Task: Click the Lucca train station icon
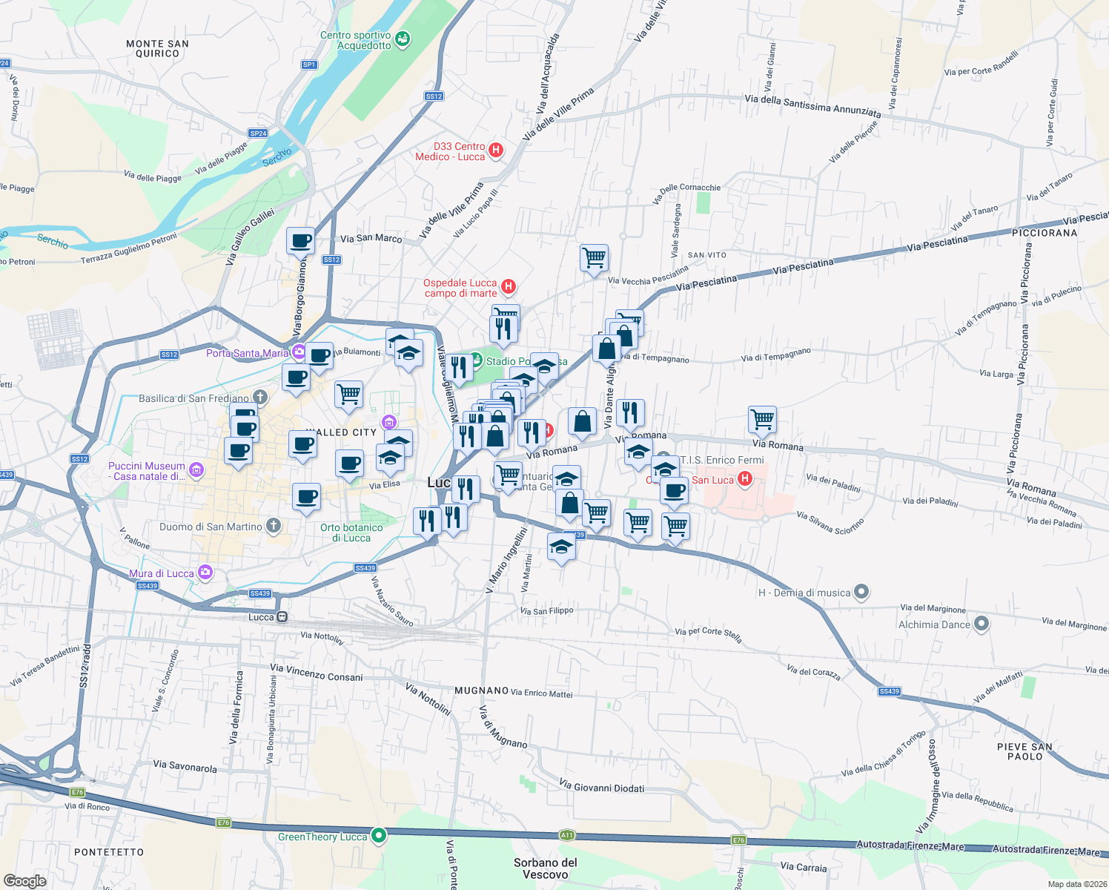282,617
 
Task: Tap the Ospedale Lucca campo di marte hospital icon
509,286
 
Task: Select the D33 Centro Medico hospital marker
496,151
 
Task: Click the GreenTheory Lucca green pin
379,836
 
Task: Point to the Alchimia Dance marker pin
981,624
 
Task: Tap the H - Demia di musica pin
861,592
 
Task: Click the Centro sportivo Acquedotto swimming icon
403,39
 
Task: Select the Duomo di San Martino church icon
274,526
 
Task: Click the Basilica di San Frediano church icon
259,398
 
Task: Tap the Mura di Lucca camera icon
205,573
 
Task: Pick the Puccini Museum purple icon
196,469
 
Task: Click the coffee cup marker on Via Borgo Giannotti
300,241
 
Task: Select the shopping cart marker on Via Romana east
762,420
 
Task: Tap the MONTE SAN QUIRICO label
157,48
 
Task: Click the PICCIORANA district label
1045,233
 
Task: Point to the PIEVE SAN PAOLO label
1024,751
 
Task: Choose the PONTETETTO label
109,852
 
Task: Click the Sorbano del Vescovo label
545,868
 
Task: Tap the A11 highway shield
567,835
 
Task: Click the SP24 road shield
258,133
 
